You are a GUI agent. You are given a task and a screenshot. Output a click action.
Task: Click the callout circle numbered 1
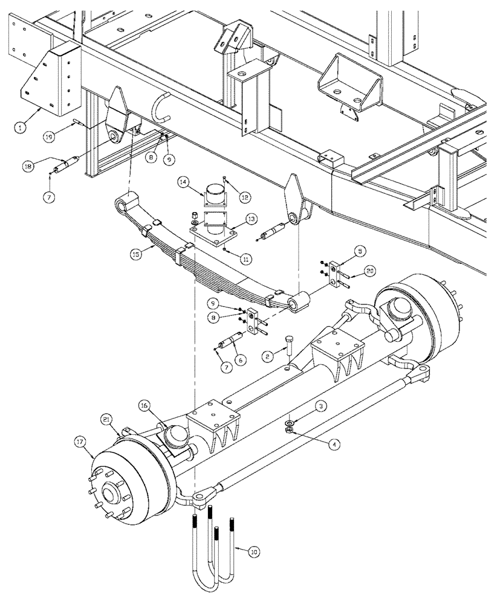(21, 127)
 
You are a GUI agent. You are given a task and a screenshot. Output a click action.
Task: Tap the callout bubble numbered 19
(54, 137)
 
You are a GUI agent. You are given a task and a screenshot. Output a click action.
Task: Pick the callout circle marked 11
(246, 259)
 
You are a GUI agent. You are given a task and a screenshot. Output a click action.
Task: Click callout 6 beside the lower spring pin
(242, 360)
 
